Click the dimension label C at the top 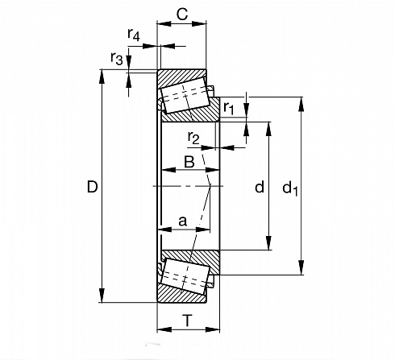coord(182,14)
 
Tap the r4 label coord(134,35)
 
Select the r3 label coord(117,58)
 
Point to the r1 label coord(229,108)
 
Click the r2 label coord(193,138)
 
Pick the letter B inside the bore coord(189,162)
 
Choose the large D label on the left coord(92,187)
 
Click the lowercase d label coord(260,187)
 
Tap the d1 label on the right coord(290,188)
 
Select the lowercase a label coord(182,221)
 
